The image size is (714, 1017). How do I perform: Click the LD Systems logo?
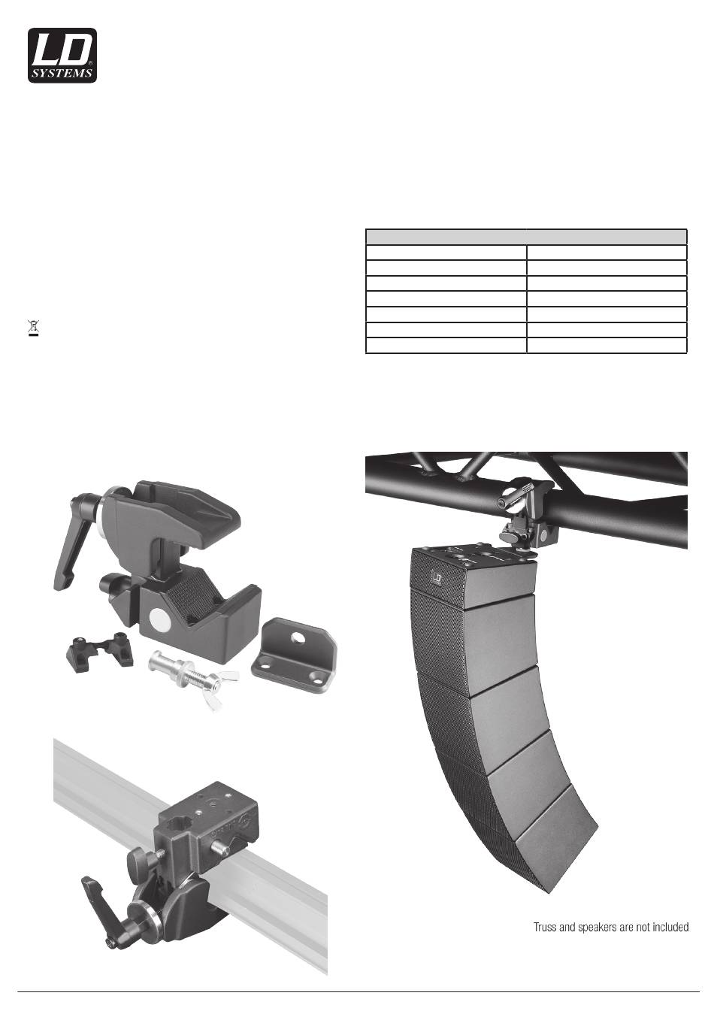point(62,56)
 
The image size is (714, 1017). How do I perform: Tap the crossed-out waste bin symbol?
point(34,327)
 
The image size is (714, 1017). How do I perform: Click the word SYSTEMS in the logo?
point(62,74)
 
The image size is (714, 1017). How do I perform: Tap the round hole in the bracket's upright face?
point(298,638)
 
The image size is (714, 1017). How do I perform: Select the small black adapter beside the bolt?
point(100,651)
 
